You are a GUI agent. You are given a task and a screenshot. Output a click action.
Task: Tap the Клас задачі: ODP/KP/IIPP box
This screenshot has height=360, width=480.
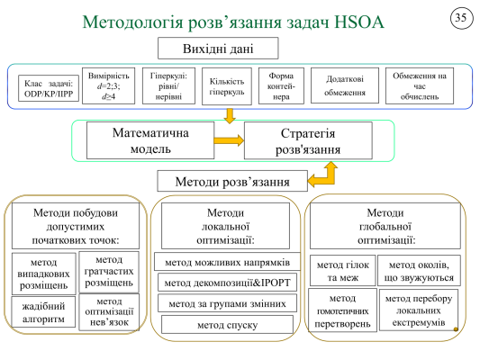tap(47, 86)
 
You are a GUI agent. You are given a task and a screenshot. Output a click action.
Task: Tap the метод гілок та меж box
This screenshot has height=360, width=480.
tap(340, 271)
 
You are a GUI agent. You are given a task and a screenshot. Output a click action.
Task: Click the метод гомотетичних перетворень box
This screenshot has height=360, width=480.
tap(340, 310)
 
